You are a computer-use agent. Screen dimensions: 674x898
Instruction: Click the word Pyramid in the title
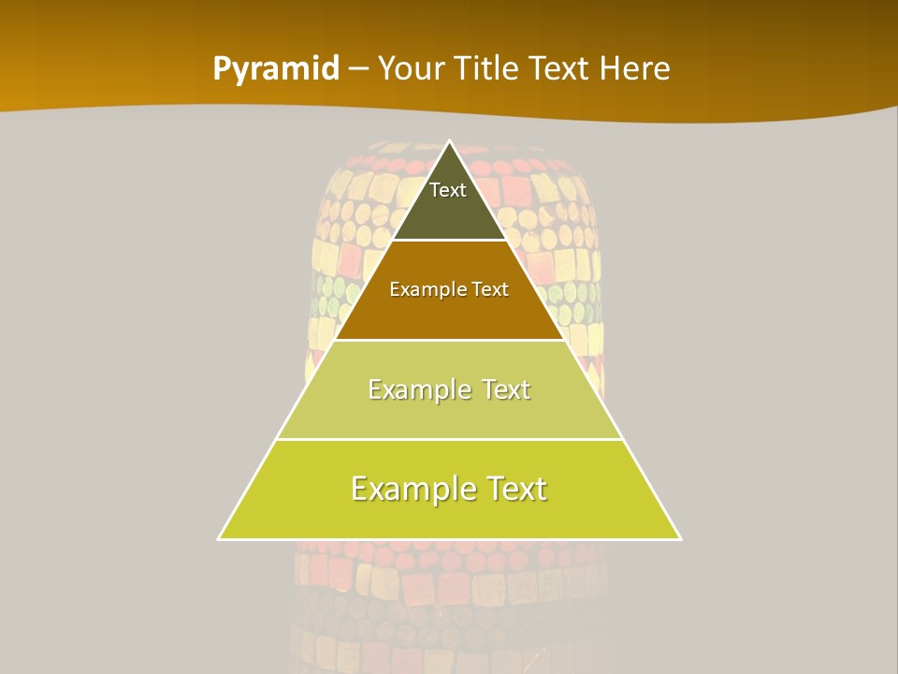click(276, 69)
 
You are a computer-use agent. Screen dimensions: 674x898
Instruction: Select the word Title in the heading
click(485, 68)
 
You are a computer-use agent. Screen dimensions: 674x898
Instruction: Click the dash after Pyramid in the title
click(358, 69)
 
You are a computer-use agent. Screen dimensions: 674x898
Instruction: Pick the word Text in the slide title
click(559, 68)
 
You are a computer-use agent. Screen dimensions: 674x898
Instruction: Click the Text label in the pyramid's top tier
click(448, 190)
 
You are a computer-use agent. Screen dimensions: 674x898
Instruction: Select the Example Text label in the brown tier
click(449, 289)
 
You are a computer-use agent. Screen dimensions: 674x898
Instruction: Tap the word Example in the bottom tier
click(412, 489)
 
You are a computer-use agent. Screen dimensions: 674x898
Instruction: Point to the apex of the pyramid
click(449, 142)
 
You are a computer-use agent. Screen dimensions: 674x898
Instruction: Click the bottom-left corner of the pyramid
click(220, 538)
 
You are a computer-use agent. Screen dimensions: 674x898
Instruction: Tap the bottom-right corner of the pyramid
click(679, 538)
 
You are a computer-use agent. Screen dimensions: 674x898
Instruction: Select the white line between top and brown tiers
click(449, 241)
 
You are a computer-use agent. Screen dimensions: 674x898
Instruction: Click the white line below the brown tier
click(449, 340)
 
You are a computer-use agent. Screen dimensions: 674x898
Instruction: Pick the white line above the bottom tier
click(449, 439)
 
